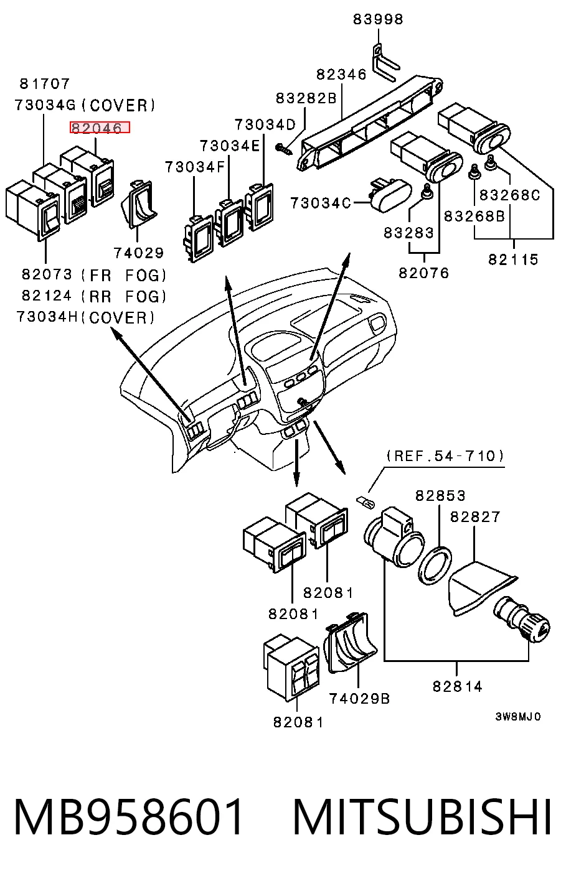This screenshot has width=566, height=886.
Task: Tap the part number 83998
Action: tap(378, 19)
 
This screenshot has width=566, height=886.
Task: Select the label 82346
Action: tap(342, 74)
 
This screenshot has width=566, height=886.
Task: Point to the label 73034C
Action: tap(321, 203)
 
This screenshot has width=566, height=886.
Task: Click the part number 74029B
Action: tap(359, 699)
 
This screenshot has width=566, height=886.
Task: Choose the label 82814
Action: tap(458, 686)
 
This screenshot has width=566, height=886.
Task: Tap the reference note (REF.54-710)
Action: tap(445, 456)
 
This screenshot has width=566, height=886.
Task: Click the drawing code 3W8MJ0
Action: tap(518, 717)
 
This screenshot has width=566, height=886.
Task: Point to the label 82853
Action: tap(440, 496)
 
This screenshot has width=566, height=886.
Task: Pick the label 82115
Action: tap(513, 259)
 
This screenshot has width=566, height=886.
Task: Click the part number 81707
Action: tap(45, 83)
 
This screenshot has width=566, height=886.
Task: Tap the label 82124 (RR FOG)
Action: tap(94, 296)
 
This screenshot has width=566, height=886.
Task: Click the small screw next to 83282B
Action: tap(283, 149)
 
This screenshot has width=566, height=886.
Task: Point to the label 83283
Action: tap(409, 233)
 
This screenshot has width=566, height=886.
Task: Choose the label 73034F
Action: tap(195, 167)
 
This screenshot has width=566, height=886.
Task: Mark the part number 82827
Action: tap(475, 517)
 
